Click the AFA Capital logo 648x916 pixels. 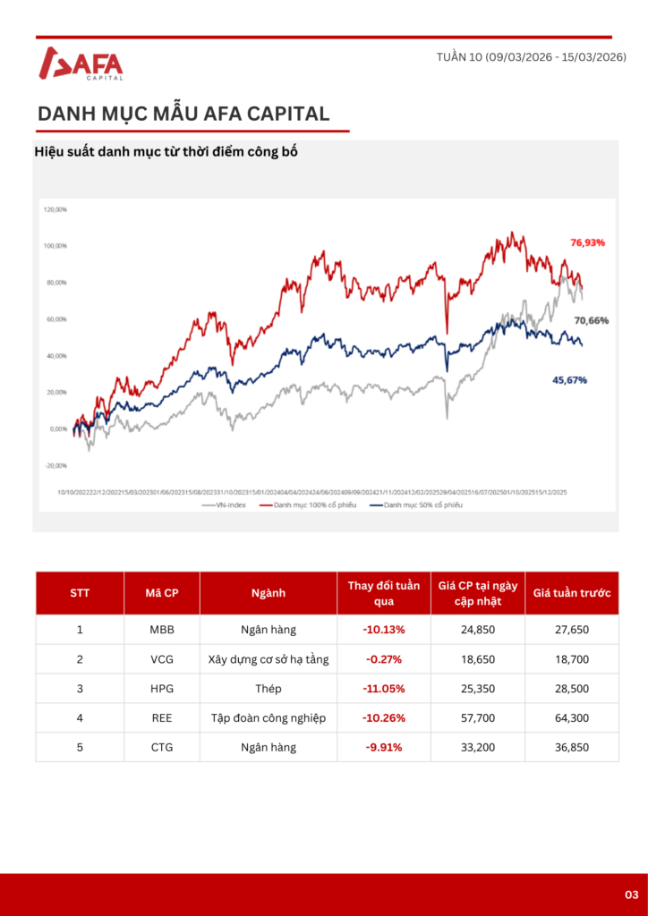[81, 64]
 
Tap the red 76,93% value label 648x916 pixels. [588, 242]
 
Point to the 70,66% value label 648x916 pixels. [591, 320]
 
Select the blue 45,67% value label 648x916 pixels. [569, 380]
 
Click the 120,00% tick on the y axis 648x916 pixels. [55, 209]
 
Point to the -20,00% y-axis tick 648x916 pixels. [55, 465]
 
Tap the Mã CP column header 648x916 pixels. [162, 593]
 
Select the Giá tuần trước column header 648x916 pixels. [572, 593]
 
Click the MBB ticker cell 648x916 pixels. [162, 630]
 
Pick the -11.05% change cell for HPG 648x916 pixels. [384, 689]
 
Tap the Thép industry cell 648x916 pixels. [269, 689]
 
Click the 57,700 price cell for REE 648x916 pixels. [478, 718]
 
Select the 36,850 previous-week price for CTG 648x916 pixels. [572, 747]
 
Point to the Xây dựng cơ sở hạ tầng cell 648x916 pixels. [269, 659]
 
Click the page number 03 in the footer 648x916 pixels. [631, 895]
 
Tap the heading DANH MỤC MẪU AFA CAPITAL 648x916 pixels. [183, 114]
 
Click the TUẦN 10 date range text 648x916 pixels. [531, 57]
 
